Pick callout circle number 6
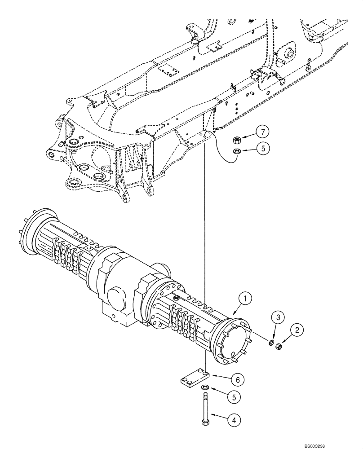pyautogui.click(x=239, y=380)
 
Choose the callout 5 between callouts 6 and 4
pyautogui.click(x=233, y=397)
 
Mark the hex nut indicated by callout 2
pyautogui.click(x=278, y=346)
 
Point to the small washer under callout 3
pyautogui.click(x=271, y=343)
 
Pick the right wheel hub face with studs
pyautogui.click(x=234, y=340)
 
